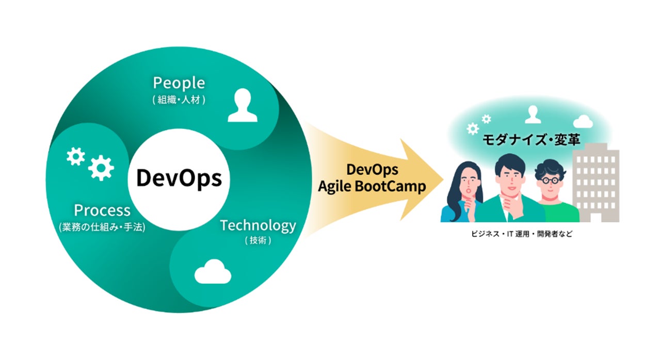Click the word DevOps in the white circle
click(x=179, y=178)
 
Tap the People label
click(x=179, y=83)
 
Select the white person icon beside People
click(x=242, y=105)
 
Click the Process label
click(x=102, y=210)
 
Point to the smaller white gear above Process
click(x=76, y=156)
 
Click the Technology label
click(x=258, y=225)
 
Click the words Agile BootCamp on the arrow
click(x=372, y=186)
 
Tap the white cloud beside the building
click(x=583, y=121)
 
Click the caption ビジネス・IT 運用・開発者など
click(x=522, y=234)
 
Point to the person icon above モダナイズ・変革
click(x=533, y=114)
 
